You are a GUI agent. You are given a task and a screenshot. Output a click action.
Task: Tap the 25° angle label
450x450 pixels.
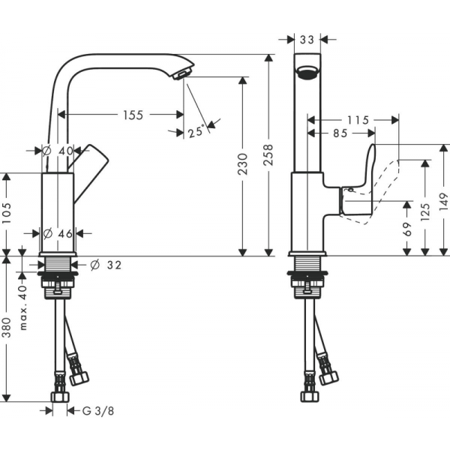[196, 132]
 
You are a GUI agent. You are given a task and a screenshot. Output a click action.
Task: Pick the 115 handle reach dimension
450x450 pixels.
[359, 119]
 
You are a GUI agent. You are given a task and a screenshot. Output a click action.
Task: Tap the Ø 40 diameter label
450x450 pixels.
[58, 150]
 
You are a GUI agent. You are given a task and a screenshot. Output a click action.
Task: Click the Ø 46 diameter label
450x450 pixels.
[58, 233]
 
